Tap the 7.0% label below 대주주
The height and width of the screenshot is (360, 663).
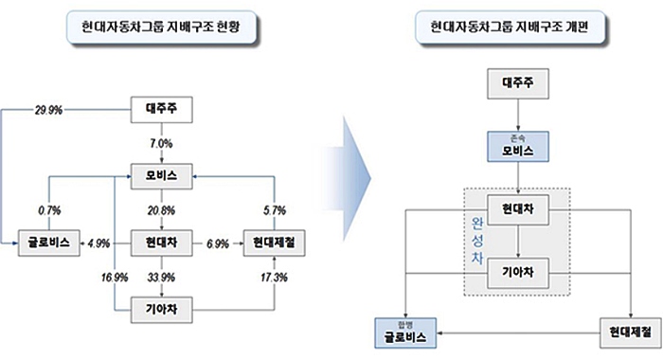click(x=161, y=143)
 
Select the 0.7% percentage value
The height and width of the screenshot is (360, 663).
click(x=50, y=209)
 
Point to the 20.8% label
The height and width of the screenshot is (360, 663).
click(x=161, y=209)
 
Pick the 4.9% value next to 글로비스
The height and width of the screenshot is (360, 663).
click(x=99, y=243)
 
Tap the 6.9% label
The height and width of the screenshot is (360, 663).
click(x=218, y=243)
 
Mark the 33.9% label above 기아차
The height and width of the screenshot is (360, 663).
click(x=161, y=278)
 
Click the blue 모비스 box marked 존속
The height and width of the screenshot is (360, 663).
click(x=517, y=147)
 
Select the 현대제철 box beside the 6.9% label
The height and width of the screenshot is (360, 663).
click(x=273, y=243)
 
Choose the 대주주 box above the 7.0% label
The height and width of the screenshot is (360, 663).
click(x=161, y=110)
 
